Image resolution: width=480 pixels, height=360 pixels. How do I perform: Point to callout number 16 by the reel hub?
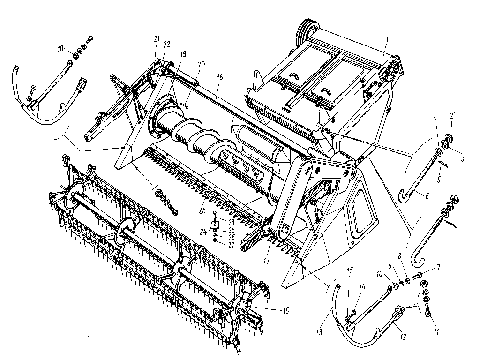click(285, 310)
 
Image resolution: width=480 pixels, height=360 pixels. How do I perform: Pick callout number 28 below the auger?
click(202, 212)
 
